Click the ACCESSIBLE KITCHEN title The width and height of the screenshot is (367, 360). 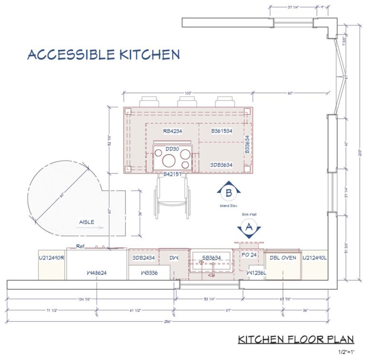point(103,55)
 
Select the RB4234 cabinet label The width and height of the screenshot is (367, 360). point(173,131)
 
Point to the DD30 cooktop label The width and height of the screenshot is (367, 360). point(172,149)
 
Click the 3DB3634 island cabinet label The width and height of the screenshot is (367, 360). point(221,165)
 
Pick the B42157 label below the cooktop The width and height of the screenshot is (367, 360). point(172,175)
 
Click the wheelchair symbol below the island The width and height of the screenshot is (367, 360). point(172,197)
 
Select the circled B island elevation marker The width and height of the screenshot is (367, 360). point(228,193)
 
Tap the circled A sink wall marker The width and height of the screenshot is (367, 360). point(248,228)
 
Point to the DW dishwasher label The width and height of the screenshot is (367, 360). point(174,258)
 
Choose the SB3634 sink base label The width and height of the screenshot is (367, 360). point(211,258)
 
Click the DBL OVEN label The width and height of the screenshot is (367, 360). point(283,258)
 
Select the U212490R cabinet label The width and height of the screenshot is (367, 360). point(52,258)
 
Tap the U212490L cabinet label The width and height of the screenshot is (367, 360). point(314,258)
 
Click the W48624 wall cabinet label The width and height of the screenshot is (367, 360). point(97,273)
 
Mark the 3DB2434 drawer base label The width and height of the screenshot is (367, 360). point(144,258)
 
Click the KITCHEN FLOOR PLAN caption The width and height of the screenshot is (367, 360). point(296,339)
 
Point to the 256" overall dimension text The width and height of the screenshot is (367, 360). point(173,321)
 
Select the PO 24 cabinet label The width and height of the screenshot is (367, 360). point(249,255)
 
